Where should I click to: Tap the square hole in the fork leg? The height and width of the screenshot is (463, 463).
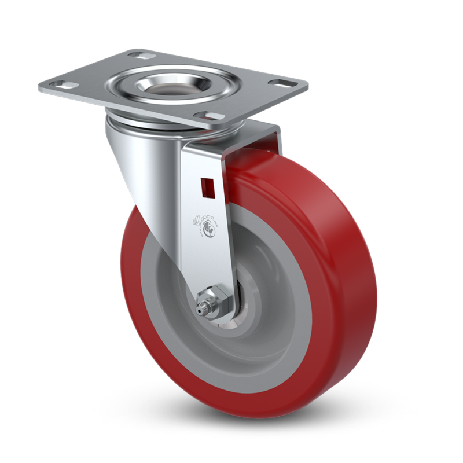pyautogui.click(x=204, y=186)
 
